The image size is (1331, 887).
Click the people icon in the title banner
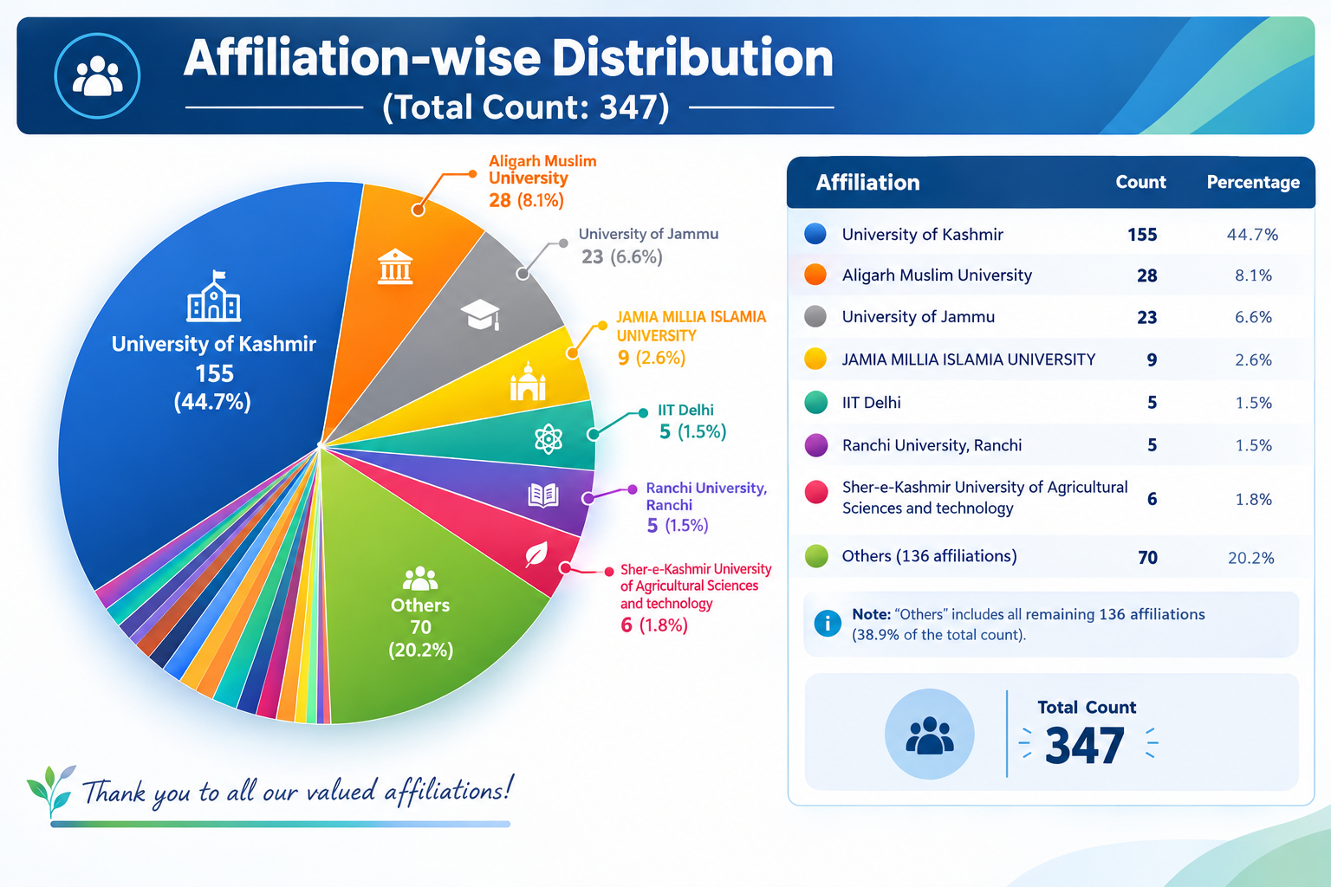tap(97, 76)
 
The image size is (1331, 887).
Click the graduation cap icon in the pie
tap(481, 314)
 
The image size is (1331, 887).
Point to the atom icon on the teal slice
tap(548, 439)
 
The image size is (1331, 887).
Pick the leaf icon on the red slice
tap(536, 555)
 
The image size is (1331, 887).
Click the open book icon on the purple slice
tap(543, 495)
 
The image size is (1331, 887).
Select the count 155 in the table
tap(1142, 235)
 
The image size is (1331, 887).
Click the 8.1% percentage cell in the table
tap(1253, 275)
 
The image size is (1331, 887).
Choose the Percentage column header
tap(1253, 182)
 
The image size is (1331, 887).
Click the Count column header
tap(1141, 182)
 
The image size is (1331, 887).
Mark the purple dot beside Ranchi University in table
tap(815, 445)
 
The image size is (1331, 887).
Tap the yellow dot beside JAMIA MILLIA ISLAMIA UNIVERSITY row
tap(815, 359)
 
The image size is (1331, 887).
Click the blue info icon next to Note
tap(828, 623)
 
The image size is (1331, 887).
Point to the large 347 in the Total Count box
tap(1085, 746)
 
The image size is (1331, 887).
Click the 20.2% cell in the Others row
tap(1251, 558)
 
